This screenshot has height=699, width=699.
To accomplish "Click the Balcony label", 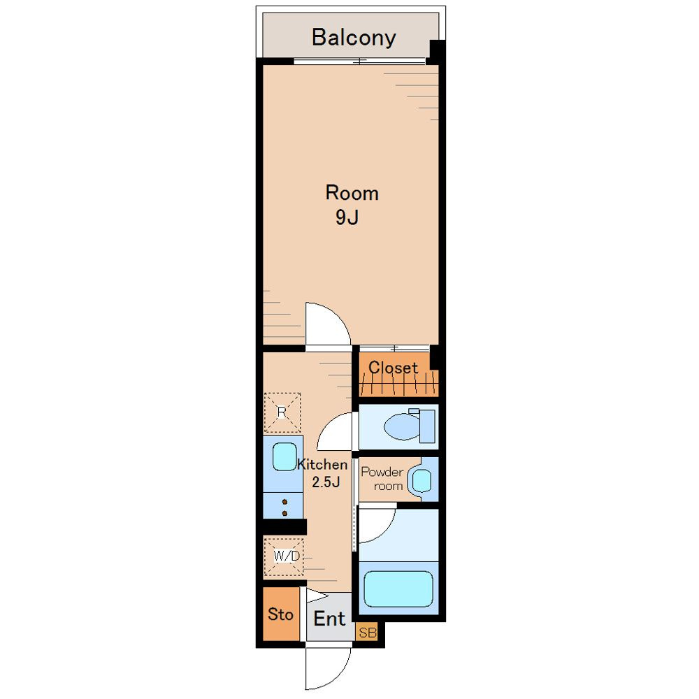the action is click(x=354, y=38).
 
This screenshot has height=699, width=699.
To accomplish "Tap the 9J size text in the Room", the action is click(x=347, y=217).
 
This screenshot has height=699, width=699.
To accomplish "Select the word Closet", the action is click(x=393, y=368).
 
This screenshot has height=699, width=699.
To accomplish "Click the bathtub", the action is click(x=398, y=589).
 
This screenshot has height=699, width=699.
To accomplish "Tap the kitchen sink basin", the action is click(x=284, y=456).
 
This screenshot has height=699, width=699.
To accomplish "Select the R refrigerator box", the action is click(x=282, y=413).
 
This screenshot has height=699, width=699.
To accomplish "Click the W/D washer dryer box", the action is click(x=284, y=557).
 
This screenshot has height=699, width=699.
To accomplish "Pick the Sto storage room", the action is click(x=281, y=614).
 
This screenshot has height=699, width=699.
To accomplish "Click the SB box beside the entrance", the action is click(x=367, y=632).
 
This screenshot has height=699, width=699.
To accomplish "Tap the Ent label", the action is click(x=329, y=619).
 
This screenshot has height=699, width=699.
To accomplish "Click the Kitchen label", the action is click(x=322, y=465).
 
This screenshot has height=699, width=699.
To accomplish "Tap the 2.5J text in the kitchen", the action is click(x=326, y=482).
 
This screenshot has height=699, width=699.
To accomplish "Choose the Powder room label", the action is click(x=382, y=479).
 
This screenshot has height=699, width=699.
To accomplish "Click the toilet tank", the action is click(x=427, y=426).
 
